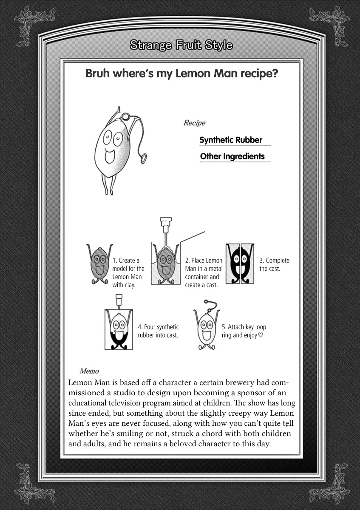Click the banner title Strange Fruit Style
181,45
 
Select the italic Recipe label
194,123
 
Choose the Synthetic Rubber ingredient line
231,140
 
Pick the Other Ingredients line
232,156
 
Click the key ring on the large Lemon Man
144,159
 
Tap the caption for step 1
128,272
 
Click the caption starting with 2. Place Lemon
204,272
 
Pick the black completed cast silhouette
240,263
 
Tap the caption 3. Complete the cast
274,264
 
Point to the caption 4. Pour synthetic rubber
158,331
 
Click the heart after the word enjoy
261,335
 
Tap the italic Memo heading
89,371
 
